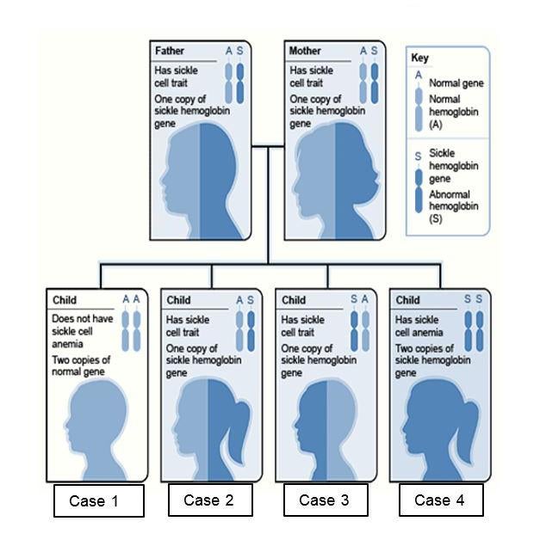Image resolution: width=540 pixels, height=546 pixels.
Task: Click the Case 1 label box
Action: pos(97,500)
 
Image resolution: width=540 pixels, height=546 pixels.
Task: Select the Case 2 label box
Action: pos(212,500)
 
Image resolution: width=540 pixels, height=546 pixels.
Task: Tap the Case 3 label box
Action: pos(326,500)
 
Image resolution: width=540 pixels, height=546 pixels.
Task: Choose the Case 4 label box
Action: pos(439,500)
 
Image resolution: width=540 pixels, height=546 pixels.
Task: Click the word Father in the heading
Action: pos(170,52)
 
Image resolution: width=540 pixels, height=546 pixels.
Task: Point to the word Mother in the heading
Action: pos(306,52)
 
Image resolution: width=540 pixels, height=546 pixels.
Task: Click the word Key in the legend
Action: pos(419,58)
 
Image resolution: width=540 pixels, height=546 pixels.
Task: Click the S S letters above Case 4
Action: pos(473,300)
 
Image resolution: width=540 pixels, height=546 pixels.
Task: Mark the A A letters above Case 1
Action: pos(131,300)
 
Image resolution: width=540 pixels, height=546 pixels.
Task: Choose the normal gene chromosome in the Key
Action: pos(419,107)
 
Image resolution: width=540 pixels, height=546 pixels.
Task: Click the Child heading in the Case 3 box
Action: pos(293,300)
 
